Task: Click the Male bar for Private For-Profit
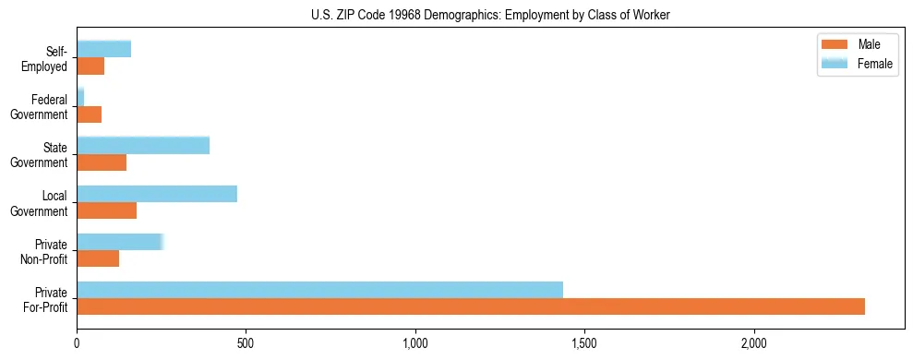coord(471,306)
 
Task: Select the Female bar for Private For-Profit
coord(319,290)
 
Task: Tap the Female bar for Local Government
coord(157,194)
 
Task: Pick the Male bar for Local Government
coord(106,210)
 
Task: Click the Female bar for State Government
coord(143,146)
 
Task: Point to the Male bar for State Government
coord(102,162)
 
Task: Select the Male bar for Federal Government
coord(89,114)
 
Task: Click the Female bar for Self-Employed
coord(103,49)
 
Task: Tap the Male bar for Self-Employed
coord(90,66)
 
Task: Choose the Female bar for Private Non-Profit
coord(120,242)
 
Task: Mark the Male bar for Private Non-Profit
coord(98,258)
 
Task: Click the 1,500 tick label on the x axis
coord(585,344)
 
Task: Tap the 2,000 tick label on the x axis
coord(754,344)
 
